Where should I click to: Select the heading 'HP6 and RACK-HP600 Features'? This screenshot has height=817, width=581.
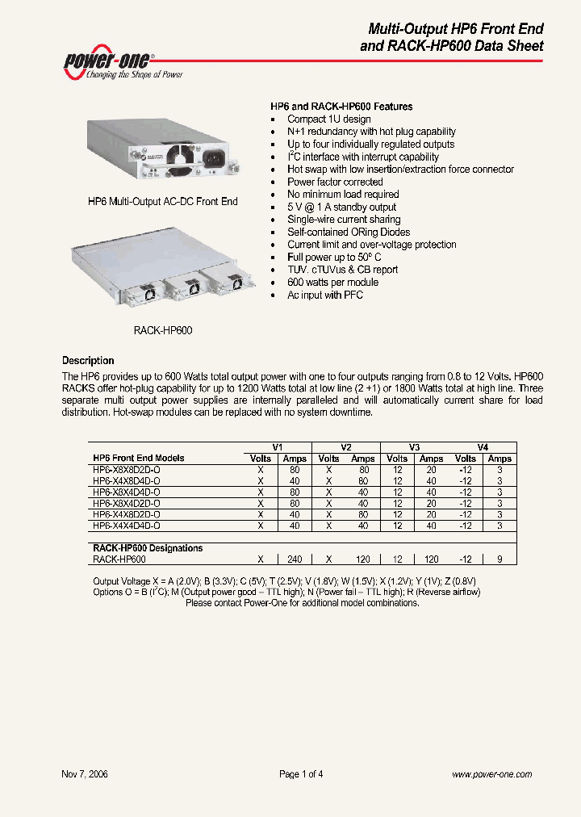[341, 107]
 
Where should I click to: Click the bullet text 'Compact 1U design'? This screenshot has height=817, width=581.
[328, 119]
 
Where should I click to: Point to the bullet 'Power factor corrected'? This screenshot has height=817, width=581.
[335, 182]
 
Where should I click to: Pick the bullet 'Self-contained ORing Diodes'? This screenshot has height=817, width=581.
[348, 232]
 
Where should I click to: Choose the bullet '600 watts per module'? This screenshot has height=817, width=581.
[332, 283]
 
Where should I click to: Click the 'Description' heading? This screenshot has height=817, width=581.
[88, 361]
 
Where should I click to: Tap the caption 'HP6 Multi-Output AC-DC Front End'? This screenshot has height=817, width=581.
[162, 201]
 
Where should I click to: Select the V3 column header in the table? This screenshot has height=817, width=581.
[414, 447]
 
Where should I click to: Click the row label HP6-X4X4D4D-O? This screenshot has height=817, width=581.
[127, 525]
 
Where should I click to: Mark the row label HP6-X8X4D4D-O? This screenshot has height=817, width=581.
[127, 492]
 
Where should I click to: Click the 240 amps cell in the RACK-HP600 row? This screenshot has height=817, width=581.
[295, 559]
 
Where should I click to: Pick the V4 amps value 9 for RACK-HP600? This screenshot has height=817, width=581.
[499, 559]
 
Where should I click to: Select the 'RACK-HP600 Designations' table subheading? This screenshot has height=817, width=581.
[148, 548]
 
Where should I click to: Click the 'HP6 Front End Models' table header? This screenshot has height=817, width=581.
[139, 458]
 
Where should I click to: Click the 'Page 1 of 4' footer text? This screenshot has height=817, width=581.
[301, 774]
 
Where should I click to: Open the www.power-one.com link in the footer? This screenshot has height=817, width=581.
[491, 774]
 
